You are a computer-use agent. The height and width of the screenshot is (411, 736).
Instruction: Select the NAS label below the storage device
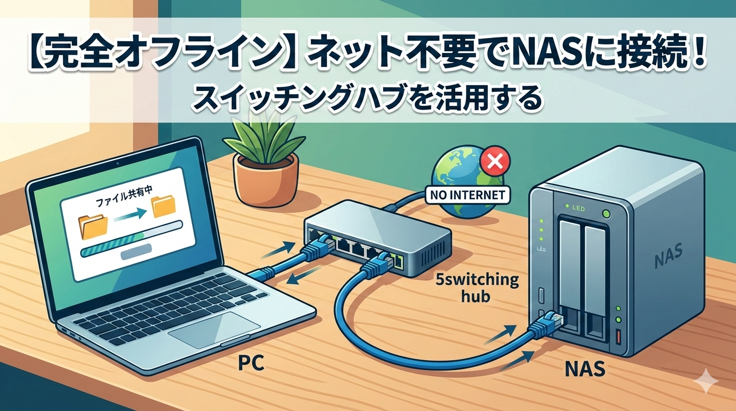click(585, 369)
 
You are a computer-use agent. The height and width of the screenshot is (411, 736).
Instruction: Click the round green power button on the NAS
click(606, 214)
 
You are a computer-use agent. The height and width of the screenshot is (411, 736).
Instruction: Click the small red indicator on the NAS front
click(619, 337)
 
